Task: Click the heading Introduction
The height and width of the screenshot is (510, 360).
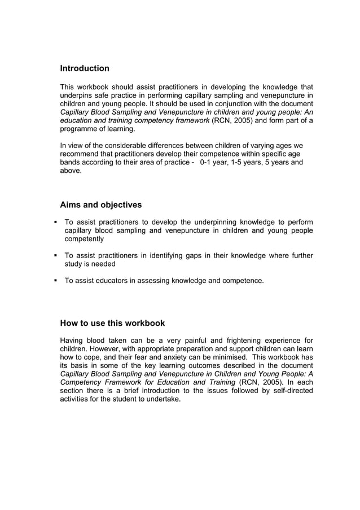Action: click(x=85, y=68)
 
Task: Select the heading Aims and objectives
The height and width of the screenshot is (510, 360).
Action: click(x=101, y=204)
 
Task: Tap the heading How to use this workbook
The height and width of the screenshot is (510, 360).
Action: click(x=112, y=324)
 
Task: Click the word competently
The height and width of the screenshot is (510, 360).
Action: click(x=84, y=239)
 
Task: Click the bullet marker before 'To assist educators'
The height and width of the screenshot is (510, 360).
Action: click(x=56, y=280)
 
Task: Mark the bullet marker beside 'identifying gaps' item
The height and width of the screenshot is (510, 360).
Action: click(x=56, y=255)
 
